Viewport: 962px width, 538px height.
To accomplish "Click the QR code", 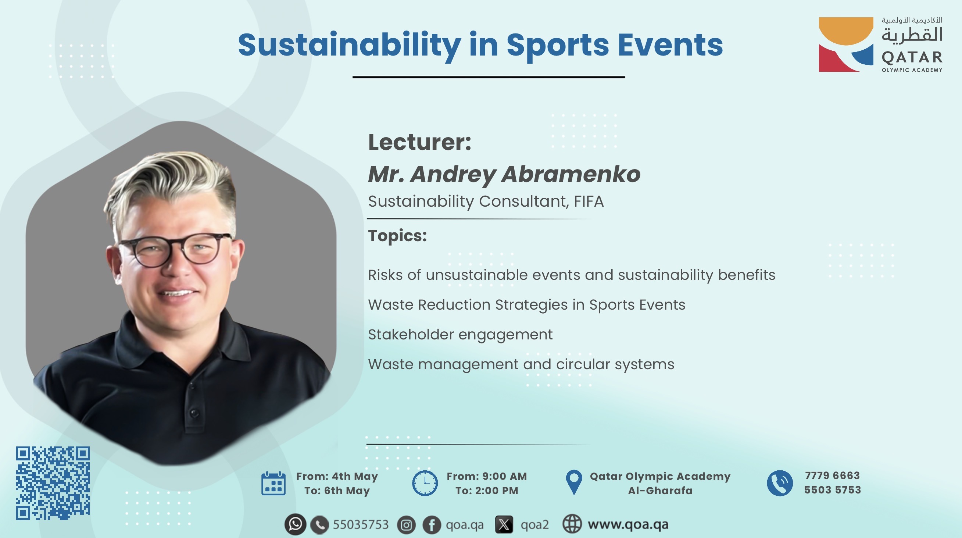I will [53, 483].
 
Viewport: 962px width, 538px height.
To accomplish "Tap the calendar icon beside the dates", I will [273, 484].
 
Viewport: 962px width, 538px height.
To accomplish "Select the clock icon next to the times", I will [425, 484].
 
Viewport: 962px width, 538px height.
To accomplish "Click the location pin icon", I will [574, 482].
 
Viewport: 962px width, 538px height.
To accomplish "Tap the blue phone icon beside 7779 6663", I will [780, 483].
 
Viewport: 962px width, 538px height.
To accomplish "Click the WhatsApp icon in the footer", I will [296, 524].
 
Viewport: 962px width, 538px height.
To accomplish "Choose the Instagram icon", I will [406, 525].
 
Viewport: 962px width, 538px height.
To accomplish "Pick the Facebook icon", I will [432, 525].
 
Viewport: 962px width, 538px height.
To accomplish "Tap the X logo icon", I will [504, 525].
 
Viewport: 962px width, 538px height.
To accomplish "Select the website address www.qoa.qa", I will [628, 524].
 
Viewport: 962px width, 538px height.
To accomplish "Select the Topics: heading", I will [397, 236].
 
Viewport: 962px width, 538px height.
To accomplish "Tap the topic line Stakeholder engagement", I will [460, 335].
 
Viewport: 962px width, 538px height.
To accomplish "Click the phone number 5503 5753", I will [832, 490].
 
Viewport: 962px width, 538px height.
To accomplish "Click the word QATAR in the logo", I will [912, 57].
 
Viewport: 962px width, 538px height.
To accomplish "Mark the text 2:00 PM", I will [496, 491].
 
